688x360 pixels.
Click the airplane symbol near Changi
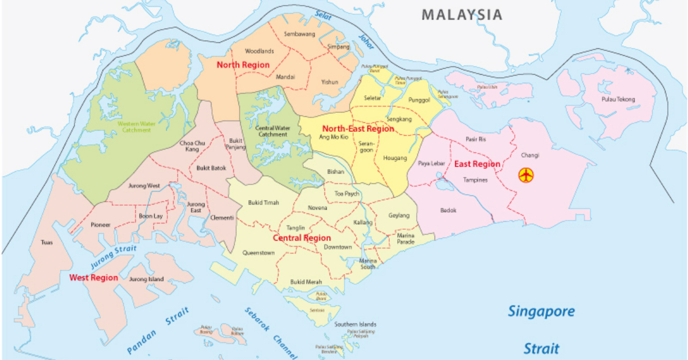(x=526, y=175)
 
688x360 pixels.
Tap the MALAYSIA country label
(x=462, y=15)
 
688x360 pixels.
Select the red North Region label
(x=243, y=65)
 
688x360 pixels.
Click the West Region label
(x=93, y=277)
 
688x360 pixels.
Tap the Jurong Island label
(x=146, y=279)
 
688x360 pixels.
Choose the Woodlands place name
(x=259, y=51)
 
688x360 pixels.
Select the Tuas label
(x=46, y=242)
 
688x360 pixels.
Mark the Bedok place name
(x=448, y=210)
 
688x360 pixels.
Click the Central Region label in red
(x=302, y=238)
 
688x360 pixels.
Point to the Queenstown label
(x=258, y=252)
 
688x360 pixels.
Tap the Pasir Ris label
(x=475, y=139)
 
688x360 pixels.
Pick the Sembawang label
(x=299, y=34)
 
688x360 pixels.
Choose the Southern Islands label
(x=355, y=324)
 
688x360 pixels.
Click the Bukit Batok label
(x=211, y=168)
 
